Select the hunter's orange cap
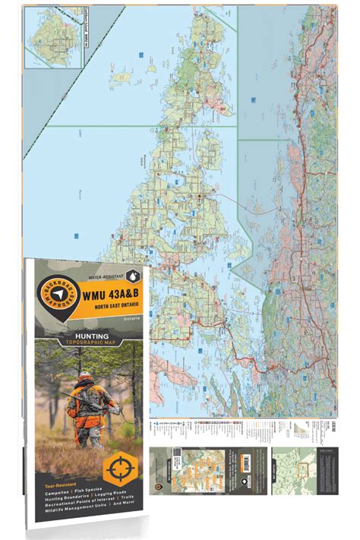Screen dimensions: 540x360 coord(87,379)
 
